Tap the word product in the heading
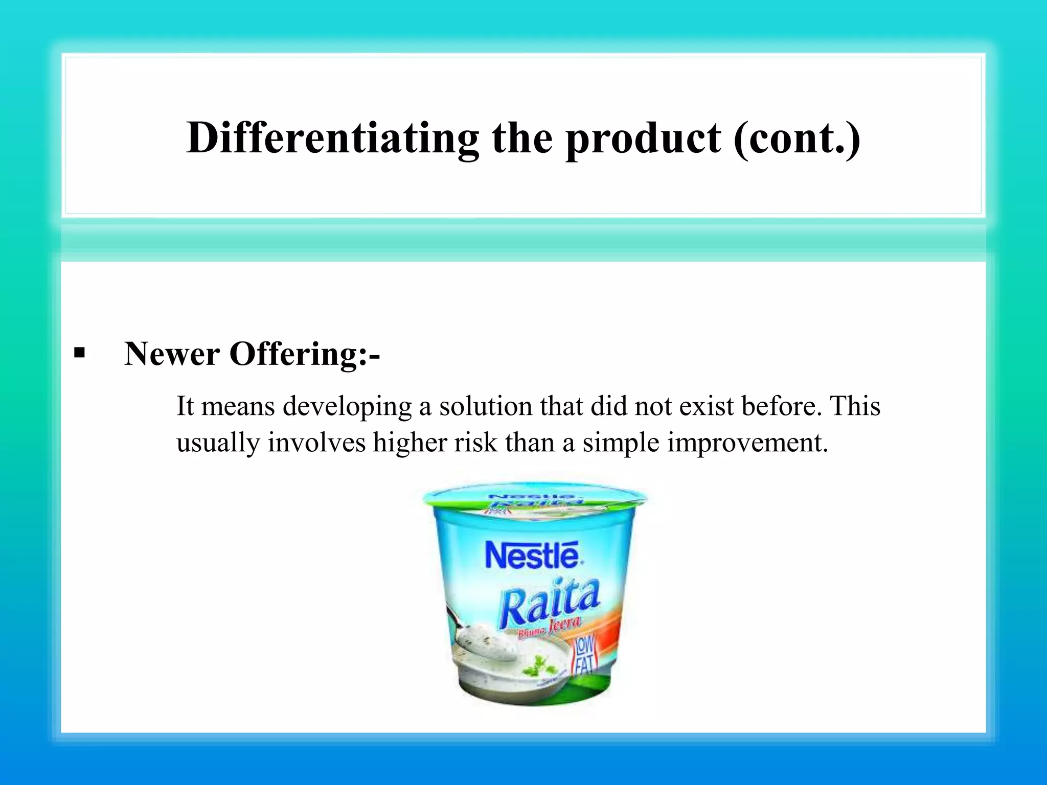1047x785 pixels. click(643, 138)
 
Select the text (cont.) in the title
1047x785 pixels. click(796, 138)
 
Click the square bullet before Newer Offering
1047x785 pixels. click(79, 353)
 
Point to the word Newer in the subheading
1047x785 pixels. click(172, 354)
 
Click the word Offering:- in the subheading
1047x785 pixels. click(304, 354)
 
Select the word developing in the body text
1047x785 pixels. click(347, 407)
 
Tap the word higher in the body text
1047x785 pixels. click(409, 443)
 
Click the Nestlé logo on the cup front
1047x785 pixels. click(532, 556)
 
